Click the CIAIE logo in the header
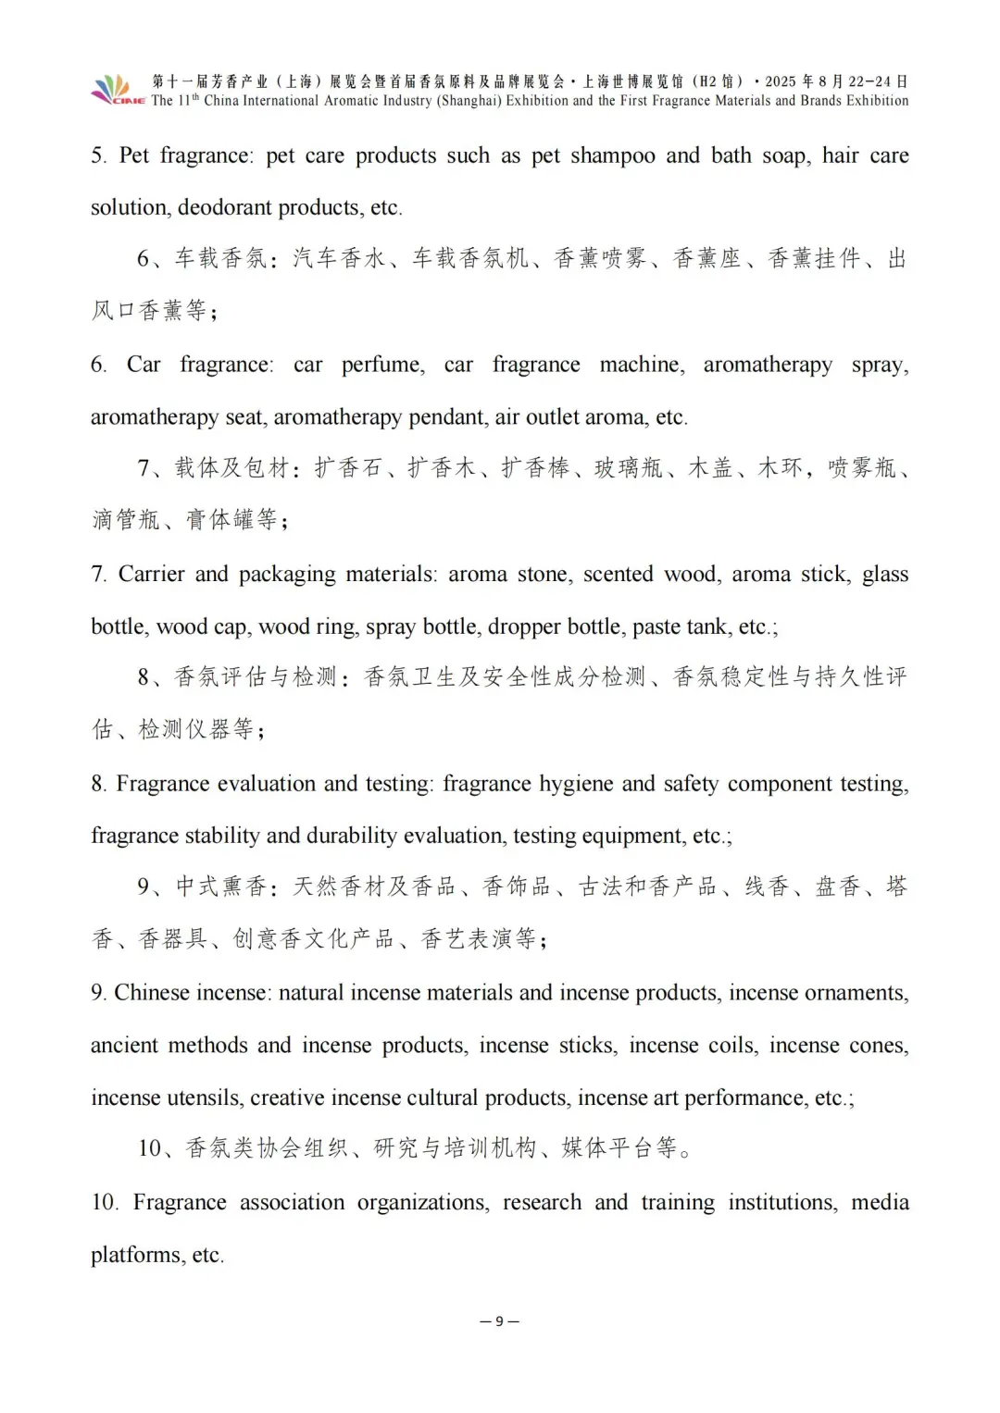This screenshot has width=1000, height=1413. (x=118, y=91)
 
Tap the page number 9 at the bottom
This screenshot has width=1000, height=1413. (x=499, y=1320)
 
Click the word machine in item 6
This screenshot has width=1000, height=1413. (x=642, y=365)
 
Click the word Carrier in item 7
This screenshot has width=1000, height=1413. (x=151, y=575)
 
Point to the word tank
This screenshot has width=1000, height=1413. (x=708, y=626)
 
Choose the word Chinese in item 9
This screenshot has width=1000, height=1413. (x=152, y=993)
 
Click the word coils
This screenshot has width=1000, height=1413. (x=732, y=1046)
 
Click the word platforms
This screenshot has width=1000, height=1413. (x=136, y=1255)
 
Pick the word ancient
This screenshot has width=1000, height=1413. (x=128, y=1046)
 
